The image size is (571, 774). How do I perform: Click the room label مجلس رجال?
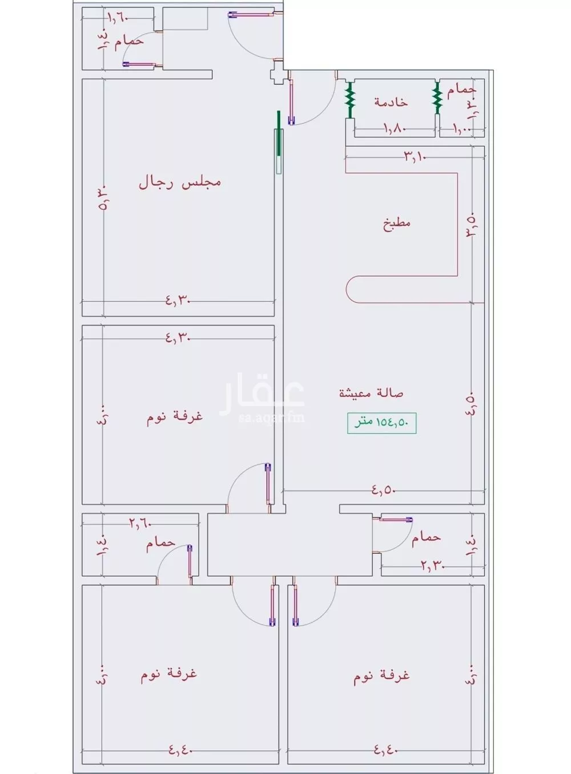click(179, 183)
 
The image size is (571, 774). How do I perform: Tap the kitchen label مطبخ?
click(396, 222)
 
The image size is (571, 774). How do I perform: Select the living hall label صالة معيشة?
click(371, 393)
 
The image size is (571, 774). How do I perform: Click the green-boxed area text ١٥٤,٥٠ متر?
click(381, 423)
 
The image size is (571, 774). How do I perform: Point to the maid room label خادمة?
click(391, 102)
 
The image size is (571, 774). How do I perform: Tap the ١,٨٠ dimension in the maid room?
click(393, 129)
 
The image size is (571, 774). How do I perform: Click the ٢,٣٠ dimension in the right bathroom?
click(432, 566)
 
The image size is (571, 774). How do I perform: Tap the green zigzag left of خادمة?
click(349, 100)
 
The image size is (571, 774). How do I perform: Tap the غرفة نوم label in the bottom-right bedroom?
click(381, 675)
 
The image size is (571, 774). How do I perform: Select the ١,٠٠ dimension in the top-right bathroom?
click(463, 129)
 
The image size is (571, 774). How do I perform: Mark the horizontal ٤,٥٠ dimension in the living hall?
click(384, 489)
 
